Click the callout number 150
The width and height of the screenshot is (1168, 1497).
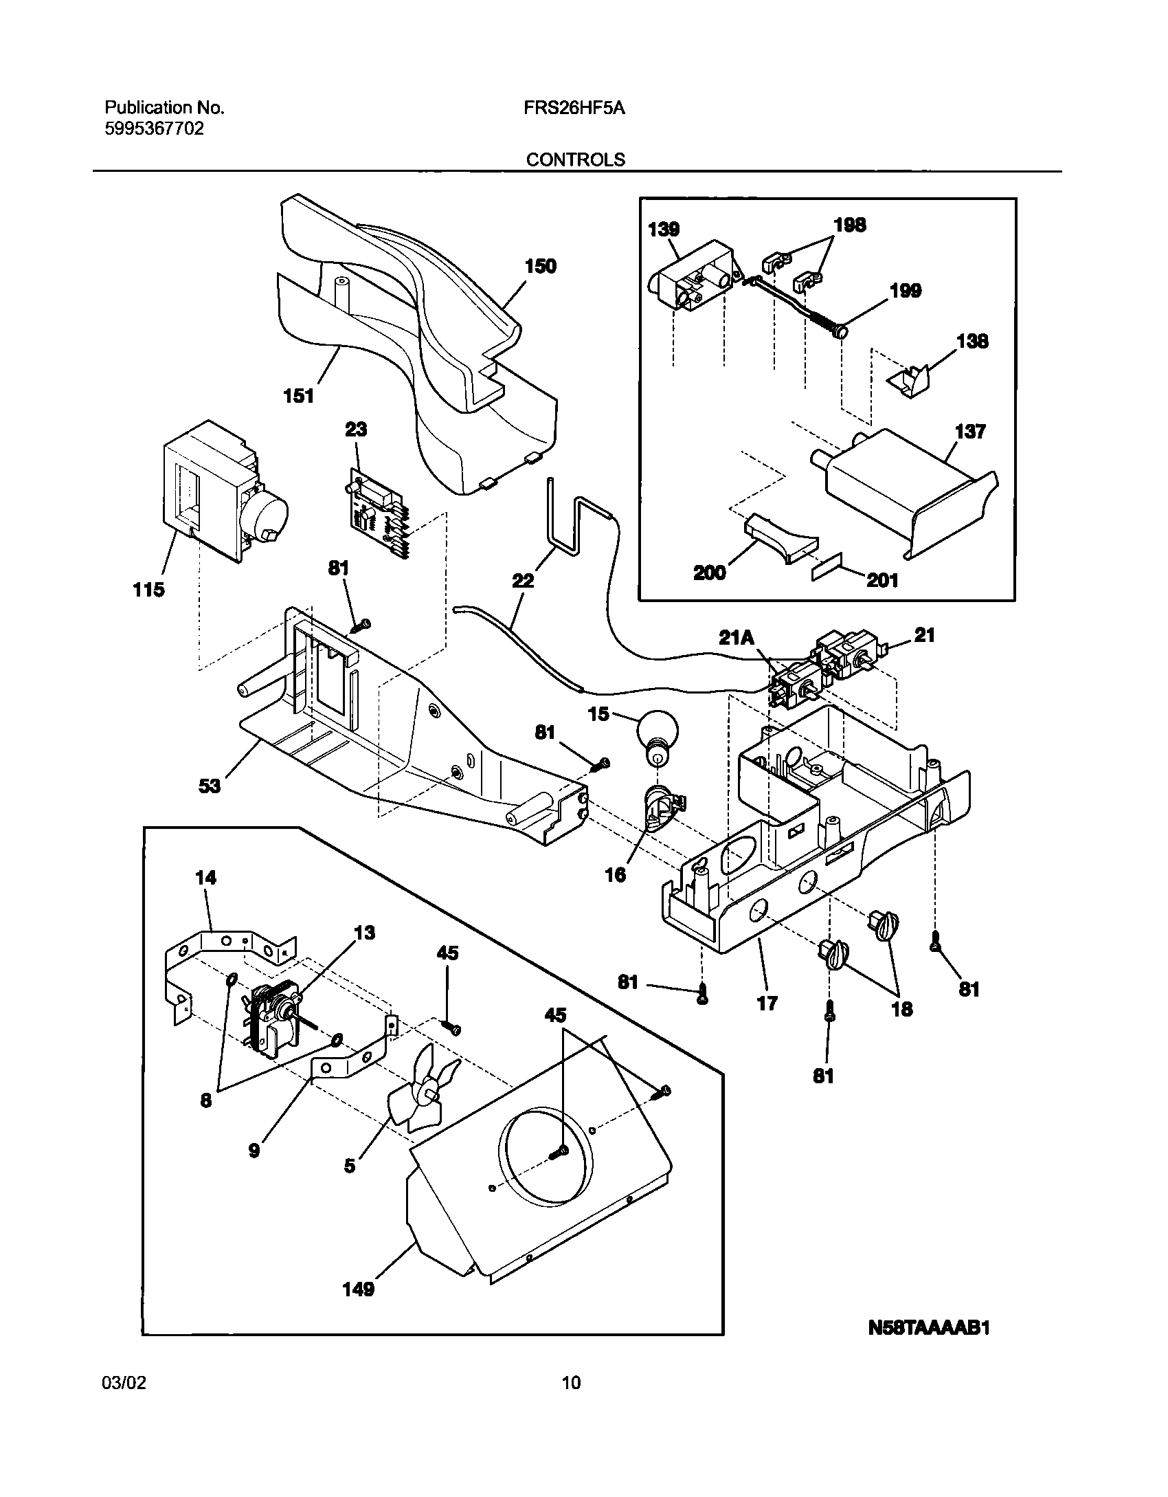pyautogui.click(x=541, y=267)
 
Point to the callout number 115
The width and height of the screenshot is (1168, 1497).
pyautogui.click(x=148, y=590)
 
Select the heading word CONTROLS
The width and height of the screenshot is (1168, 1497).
pyautogui.click(x=576, y=159)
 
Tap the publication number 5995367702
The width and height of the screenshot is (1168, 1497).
pyautogui.click(x=154, y=129)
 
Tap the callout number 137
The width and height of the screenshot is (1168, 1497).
pyautogui.click(x=970, y=432)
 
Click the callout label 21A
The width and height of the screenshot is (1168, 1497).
pyautogui.click(x=736, y=638)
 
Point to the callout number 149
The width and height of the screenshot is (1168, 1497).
pyautogui.click(x=359, y=1289)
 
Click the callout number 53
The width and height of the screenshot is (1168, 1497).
pyautogui.click(x=210, y=785)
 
